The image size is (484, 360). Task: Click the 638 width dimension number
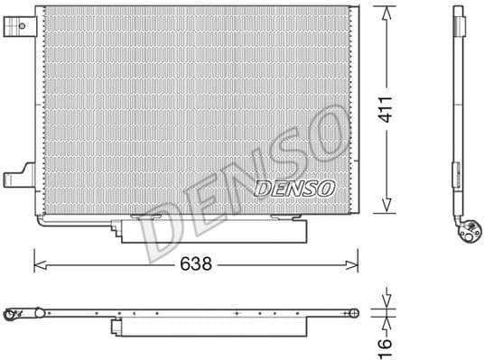197,265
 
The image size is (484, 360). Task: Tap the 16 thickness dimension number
386,342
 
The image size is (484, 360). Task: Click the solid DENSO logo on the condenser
294,188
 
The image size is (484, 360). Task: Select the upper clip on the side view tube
456,19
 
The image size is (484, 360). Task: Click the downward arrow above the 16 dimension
386,300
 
